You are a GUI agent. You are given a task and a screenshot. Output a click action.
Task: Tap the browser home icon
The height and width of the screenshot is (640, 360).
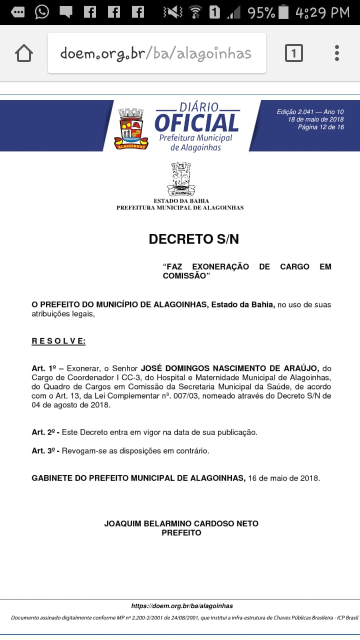24,53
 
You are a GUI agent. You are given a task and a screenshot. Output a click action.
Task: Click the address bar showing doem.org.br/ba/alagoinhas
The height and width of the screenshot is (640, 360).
156,53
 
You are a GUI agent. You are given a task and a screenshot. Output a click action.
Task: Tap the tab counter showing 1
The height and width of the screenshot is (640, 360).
293,53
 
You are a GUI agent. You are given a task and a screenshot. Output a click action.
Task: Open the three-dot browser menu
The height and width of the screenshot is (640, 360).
337,53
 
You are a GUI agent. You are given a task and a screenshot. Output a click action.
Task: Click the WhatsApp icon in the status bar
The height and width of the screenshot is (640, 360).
42,11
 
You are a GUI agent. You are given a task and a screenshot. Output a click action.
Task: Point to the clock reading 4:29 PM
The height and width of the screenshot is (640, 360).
322,12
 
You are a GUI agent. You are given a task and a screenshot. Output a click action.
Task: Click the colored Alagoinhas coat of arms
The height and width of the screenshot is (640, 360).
131,128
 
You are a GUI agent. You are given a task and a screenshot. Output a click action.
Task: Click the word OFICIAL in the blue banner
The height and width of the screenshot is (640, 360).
196,123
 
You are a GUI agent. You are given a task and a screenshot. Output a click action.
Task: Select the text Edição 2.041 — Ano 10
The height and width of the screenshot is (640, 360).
310,112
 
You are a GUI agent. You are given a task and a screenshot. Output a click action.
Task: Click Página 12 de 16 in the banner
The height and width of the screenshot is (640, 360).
320,127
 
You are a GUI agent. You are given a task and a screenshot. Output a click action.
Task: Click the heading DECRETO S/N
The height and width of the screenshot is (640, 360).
194,239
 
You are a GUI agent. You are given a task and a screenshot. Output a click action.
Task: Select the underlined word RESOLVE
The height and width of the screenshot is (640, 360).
58,341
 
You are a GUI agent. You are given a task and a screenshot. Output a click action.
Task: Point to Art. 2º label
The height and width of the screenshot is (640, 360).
42,432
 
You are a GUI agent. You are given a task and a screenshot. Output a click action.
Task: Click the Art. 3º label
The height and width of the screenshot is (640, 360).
42,450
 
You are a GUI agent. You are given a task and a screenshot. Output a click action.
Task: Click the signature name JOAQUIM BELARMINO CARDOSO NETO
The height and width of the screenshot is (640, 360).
181,523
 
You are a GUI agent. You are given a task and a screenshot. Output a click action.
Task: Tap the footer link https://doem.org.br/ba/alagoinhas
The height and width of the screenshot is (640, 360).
182,605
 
